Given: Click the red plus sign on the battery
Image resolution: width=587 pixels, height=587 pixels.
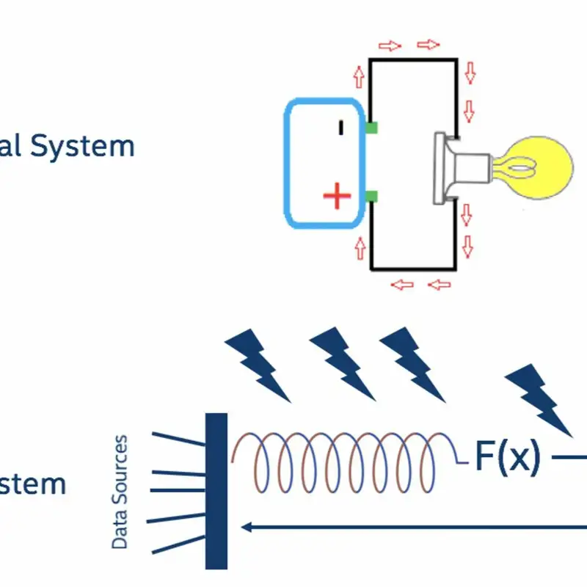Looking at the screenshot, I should (337, 196).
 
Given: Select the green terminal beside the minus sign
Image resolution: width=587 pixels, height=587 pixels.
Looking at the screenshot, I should (372, 128).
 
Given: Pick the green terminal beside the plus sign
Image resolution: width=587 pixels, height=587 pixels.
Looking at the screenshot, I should (372, 195).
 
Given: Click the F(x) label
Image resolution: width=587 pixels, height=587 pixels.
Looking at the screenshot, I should (507, 456).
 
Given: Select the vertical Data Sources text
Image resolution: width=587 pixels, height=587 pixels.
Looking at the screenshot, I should (120, 492).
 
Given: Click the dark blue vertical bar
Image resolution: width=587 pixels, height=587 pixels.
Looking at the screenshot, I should (216, 491).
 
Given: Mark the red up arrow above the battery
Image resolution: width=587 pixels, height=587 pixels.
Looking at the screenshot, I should (359, 76).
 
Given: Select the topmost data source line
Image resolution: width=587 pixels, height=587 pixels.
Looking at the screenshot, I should (178, 439).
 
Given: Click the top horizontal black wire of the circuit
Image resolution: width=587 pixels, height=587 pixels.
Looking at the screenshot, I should (415, 59).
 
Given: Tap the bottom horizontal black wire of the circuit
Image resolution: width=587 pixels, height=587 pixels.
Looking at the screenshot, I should (415, 269).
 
